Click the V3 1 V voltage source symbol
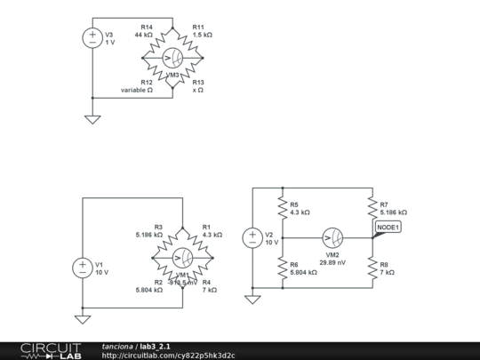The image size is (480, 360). pos(92,37)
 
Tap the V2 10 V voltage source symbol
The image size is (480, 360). pos(252,237)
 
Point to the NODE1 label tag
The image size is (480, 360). pos(388,228)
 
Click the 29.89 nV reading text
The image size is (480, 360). pos(333,263)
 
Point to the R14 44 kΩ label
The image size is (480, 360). pos(144,31)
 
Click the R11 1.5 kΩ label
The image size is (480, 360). pos(203,31)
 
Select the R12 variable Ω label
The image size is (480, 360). pos(138,86)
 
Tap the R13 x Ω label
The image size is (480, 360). pos(198,86)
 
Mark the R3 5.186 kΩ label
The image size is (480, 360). pos(146,231)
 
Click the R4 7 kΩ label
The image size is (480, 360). pos(209,286)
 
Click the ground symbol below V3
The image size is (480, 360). pos(92,119)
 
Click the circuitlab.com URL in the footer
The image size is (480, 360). pos(169,355)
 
